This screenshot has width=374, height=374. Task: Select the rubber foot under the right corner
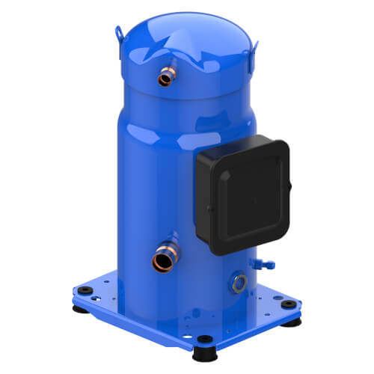pyautogui.click(x=290, y=321)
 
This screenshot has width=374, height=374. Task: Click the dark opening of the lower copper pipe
pyautogui.click(x=160, y=263)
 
